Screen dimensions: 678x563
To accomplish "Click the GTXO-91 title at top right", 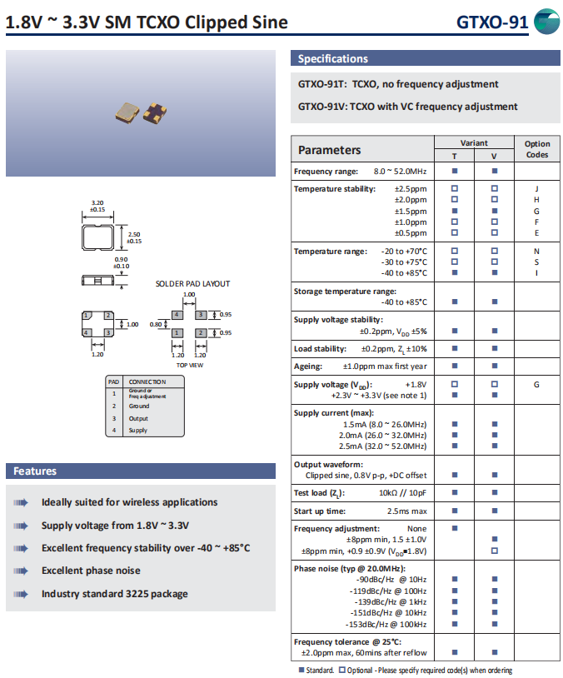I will pos(491,22).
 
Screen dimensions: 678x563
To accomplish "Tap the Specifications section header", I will pos(333,59).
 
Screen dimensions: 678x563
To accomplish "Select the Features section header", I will pos(35,471).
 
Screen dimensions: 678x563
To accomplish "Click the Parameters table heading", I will pos(330,150).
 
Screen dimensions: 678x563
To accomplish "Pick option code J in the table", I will pos(536,189).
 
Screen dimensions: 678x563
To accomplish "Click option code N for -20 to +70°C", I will pos(536,252).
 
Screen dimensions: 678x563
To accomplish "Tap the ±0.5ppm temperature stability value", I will pos(410,232).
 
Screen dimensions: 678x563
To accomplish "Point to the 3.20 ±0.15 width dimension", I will pos(97,205).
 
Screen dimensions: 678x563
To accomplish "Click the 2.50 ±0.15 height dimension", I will pos(133,237).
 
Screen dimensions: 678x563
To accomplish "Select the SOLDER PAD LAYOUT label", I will pos(192,284).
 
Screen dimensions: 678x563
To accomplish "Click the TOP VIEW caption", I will pos(189,365).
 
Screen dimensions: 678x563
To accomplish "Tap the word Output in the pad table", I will pos(138,418).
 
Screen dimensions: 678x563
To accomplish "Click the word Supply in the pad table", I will pos(138,431).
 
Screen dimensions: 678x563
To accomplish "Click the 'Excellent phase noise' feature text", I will pos(91,571).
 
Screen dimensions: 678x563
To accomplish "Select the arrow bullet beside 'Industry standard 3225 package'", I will pos(20,594).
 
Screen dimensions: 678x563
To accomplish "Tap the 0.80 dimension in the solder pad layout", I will pos(155,324).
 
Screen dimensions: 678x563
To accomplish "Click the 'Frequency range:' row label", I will pos(326,172).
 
